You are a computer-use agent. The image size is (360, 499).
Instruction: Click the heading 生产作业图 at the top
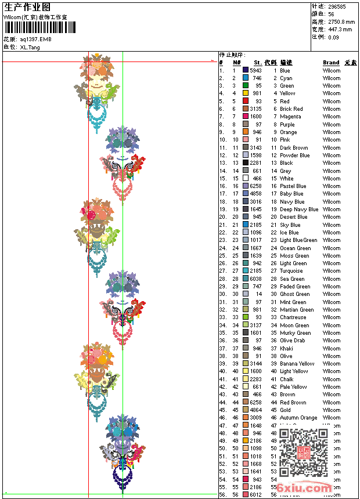click(27, 7)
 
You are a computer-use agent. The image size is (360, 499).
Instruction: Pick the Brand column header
click(331, 63)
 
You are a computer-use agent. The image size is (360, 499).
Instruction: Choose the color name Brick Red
click(291, 109)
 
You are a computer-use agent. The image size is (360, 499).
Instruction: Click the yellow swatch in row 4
click(246, 93)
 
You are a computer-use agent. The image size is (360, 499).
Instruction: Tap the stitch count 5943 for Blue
click(255, 71)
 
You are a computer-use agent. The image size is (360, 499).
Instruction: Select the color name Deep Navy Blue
click(299, 209)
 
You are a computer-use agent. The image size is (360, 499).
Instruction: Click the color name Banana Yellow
click(297, 364)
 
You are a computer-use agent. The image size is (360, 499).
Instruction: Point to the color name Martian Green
click(297, 310)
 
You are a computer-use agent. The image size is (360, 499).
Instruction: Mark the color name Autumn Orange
click(298, 418)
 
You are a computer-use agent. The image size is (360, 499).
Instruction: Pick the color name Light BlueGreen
click(298, 240)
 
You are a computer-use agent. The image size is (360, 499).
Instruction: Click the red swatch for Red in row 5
click(246, 102)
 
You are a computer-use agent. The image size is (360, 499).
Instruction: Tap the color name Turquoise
click(291, 271)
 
